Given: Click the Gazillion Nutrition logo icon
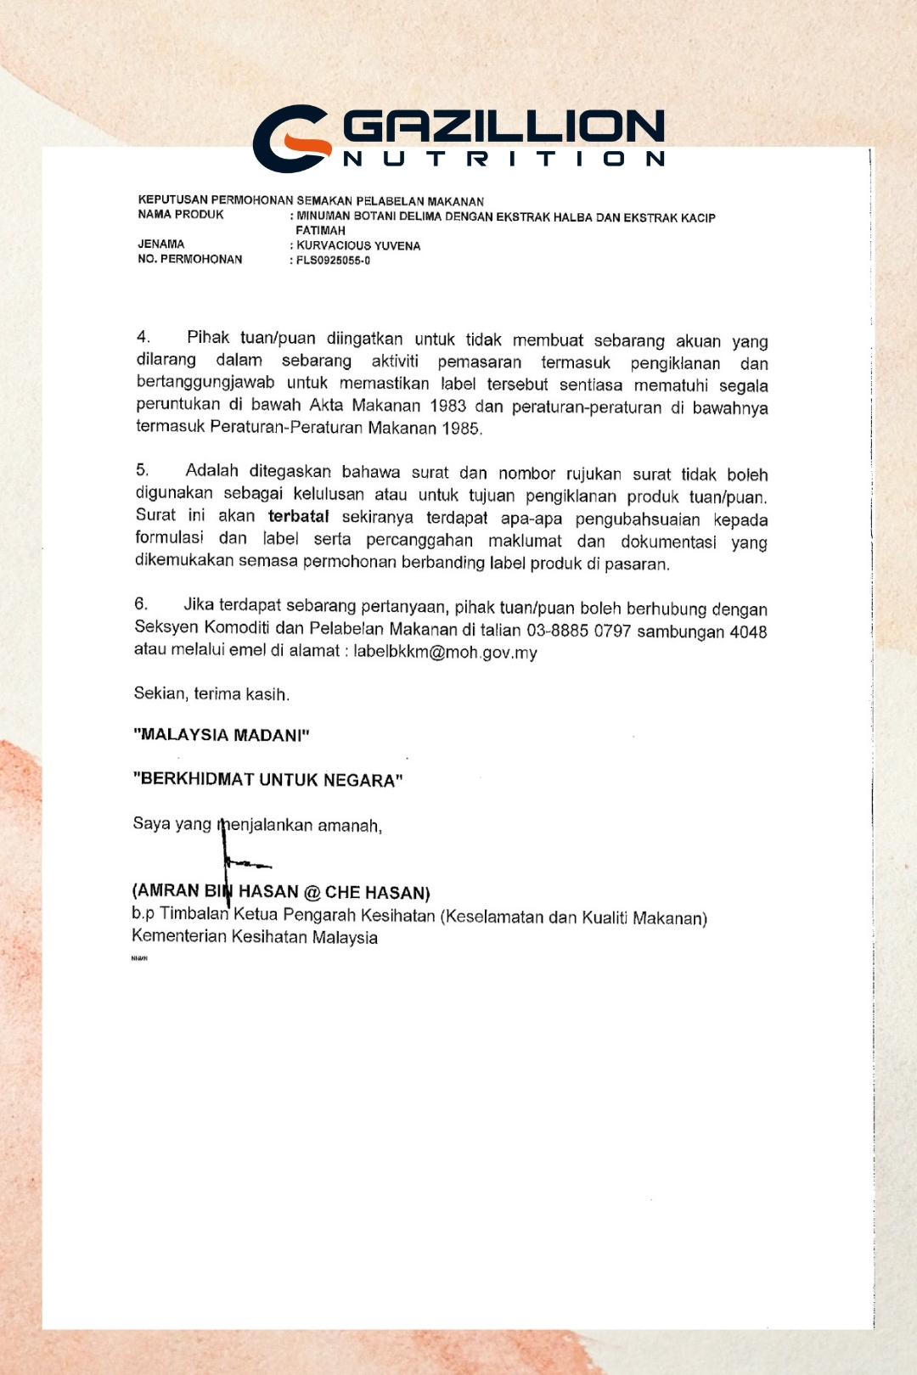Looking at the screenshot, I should coord(292,138).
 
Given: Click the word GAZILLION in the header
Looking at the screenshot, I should coord(504,127).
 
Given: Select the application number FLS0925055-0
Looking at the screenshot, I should coord(333,261).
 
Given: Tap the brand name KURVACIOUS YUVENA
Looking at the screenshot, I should coord(358,245).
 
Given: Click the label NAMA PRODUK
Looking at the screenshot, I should coord(181,215).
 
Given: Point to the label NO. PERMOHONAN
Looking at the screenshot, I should coord(190,259).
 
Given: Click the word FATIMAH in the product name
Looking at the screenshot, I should coord(320,230).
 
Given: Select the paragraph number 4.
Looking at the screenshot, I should coord(143,337).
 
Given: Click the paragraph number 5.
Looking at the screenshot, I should coord(142,469).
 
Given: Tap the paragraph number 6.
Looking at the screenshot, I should coord(141,603).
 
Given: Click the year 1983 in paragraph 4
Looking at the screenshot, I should coord(447,406).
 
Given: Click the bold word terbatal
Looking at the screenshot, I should coord(298,516).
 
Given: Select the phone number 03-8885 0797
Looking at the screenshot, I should coord(578,631).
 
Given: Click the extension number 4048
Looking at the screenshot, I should coord(748,631).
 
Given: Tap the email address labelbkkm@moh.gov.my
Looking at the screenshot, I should coord(445,652).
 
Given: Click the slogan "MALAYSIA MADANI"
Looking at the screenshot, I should coord(222,734).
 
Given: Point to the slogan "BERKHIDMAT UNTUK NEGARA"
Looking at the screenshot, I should coord(267,779).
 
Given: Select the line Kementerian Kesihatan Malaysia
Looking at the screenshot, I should coord(255,937).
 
